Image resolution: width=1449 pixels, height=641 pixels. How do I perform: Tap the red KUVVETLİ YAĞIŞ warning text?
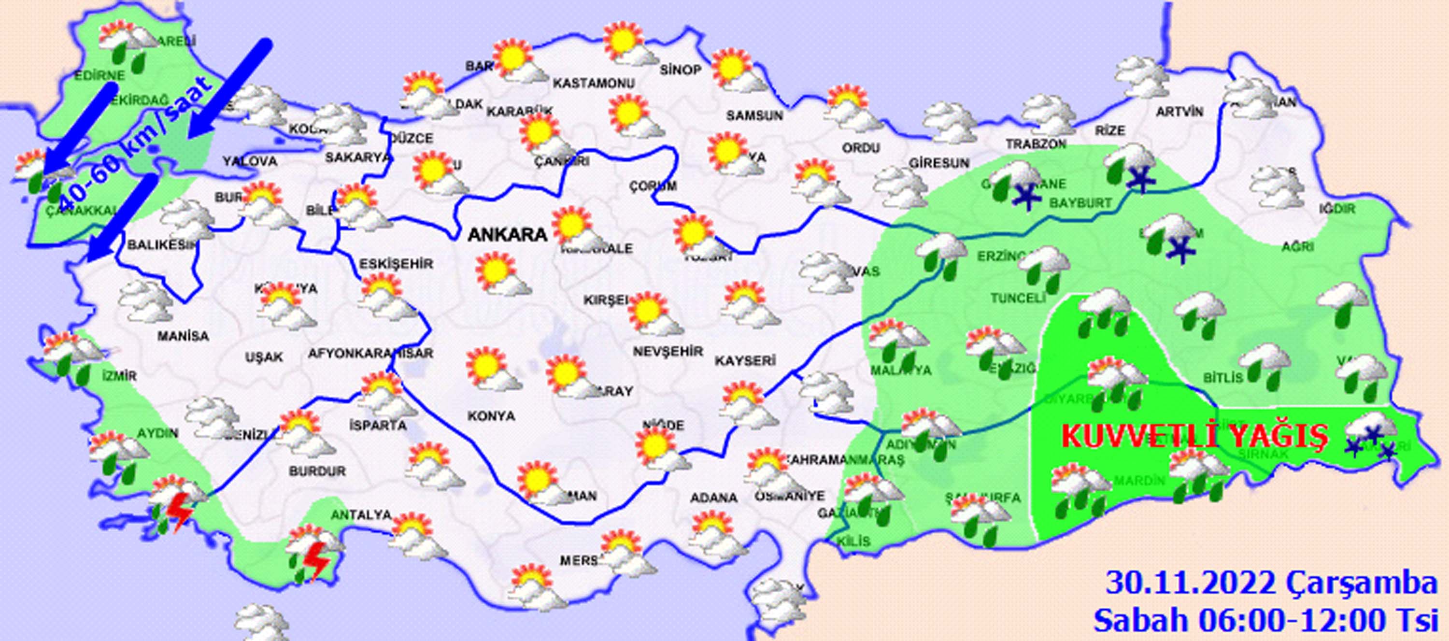[x=1195, y=436]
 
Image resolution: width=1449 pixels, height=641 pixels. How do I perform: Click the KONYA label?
[x=491, y=416]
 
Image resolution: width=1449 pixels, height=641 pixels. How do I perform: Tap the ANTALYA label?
[x=361, y=514]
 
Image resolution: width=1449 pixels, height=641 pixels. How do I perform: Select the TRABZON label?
[x=1036, y=144]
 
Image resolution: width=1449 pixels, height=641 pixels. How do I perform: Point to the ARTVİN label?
[x=1179, y=112]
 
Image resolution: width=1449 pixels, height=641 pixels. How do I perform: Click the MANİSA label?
[x=183, y=337]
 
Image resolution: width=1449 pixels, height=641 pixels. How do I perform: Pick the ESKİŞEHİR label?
[x=396, y=263]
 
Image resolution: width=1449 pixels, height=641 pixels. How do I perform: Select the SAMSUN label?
[x=754, y=116]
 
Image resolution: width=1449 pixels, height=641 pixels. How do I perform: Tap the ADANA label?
[x=714, y=498]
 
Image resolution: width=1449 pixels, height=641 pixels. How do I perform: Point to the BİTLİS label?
[x=1223, y=378]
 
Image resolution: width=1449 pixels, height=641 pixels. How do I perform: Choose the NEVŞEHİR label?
[x=668, y=352]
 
